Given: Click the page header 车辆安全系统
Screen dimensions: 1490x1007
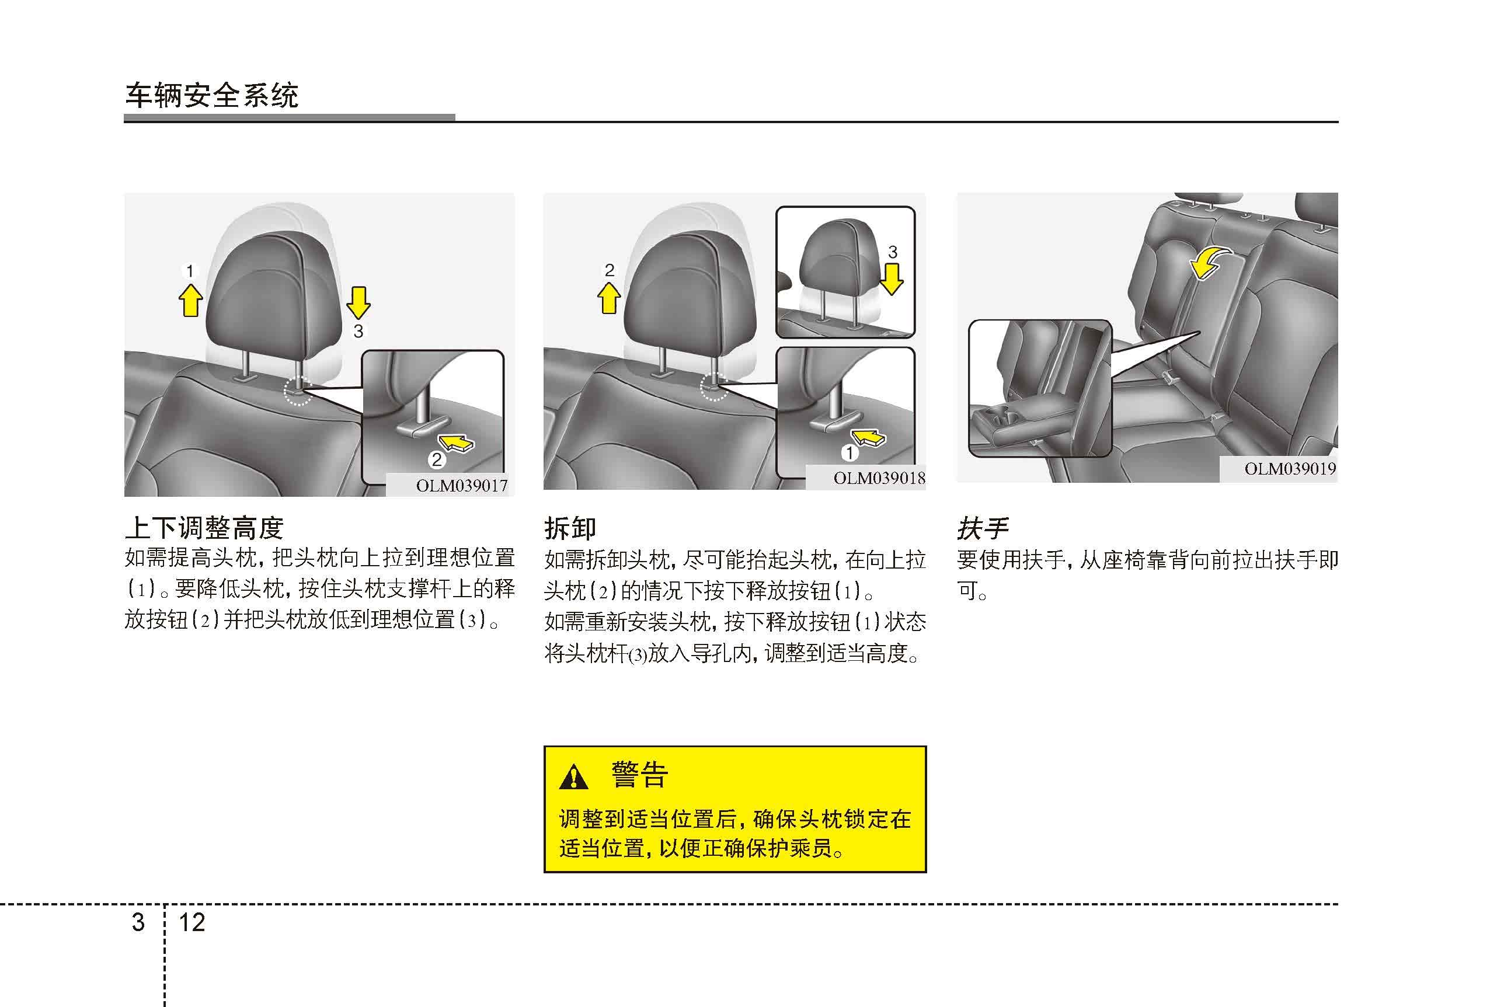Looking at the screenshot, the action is (x=211, y=96).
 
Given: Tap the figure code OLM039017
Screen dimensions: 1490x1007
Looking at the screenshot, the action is (x=462, y=486).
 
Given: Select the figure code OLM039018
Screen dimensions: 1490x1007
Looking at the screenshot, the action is (x=879, y=478).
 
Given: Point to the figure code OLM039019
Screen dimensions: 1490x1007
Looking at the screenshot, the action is (x=1290, y=469).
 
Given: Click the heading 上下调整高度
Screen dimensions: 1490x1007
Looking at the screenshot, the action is (x=204, y=528).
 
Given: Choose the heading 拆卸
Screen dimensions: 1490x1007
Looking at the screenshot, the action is (x=570, y=528).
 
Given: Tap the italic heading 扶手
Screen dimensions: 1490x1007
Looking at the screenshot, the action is (x=983, y=528).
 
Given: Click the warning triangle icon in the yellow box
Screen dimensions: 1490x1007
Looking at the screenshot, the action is (x=573, y=777).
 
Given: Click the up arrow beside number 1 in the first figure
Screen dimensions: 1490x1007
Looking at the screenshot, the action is (x=190, y=300).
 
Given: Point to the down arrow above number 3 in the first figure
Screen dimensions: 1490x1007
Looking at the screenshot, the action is (x=358, y=302).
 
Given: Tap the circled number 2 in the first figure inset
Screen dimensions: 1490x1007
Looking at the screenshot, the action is (x=437, y=459).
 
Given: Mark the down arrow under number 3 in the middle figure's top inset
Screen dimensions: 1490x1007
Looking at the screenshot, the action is (x=892, y=280).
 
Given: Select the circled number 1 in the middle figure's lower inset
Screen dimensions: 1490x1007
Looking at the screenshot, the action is (x=850, y=453).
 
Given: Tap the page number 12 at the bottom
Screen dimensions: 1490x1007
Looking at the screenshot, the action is (x=192, y=922).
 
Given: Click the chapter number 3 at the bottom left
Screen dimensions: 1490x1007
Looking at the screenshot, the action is (x=138, y=922).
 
